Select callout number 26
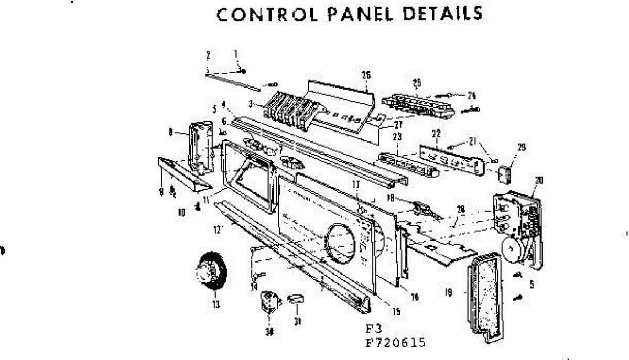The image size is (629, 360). pyautogui.click(x=366, y=75)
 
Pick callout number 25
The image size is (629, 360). pyautogui.click(x=417, y=82)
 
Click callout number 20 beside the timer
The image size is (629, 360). pyautogui.click(x=539, y=181)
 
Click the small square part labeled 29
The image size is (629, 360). pyautogui.click(x=505, y=173)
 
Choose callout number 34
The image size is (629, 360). pyautogui.click(x=270, y=331)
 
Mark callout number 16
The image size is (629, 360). pyautogui.click(x=415, y=297)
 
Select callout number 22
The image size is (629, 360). pyautogui.click(x=436, y=134)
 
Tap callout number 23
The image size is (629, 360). pyautogui.click(x=397, y=137)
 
